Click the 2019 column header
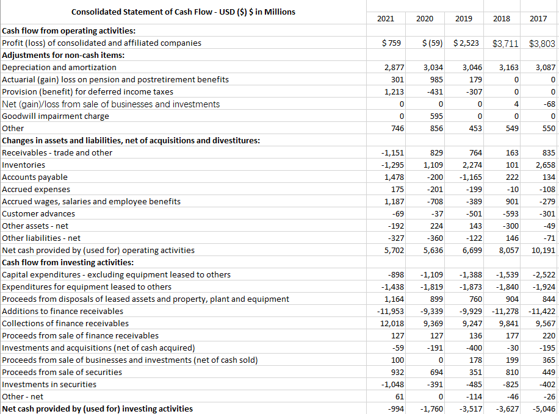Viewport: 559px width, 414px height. pyautogui.click(x=463, y=19)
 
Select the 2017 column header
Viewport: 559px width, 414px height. pyautogui.click(x=538, y=19)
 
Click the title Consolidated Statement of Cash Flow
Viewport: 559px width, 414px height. pyautogui.click(x=183, y=12)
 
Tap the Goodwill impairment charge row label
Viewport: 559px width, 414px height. pyautogui.click(x=56, y=116)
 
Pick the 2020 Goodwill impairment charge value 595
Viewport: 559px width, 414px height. pyautogui.click(x=436, y=116)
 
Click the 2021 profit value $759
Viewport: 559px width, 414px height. pyautogui.click(x=391, y=43)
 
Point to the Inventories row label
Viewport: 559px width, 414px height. pyautogui.click(x=24, y=165)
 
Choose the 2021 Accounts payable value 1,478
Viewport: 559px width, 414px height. pyautogui.click(x=393, y=177)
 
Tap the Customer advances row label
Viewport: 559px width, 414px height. pyautogui.click(x=38, y=213)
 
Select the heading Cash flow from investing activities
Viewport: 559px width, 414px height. pyautogui.click(x=68, y=262)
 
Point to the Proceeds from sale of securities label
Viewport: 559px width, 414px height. pyautogui.click(x=62, y=372)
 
